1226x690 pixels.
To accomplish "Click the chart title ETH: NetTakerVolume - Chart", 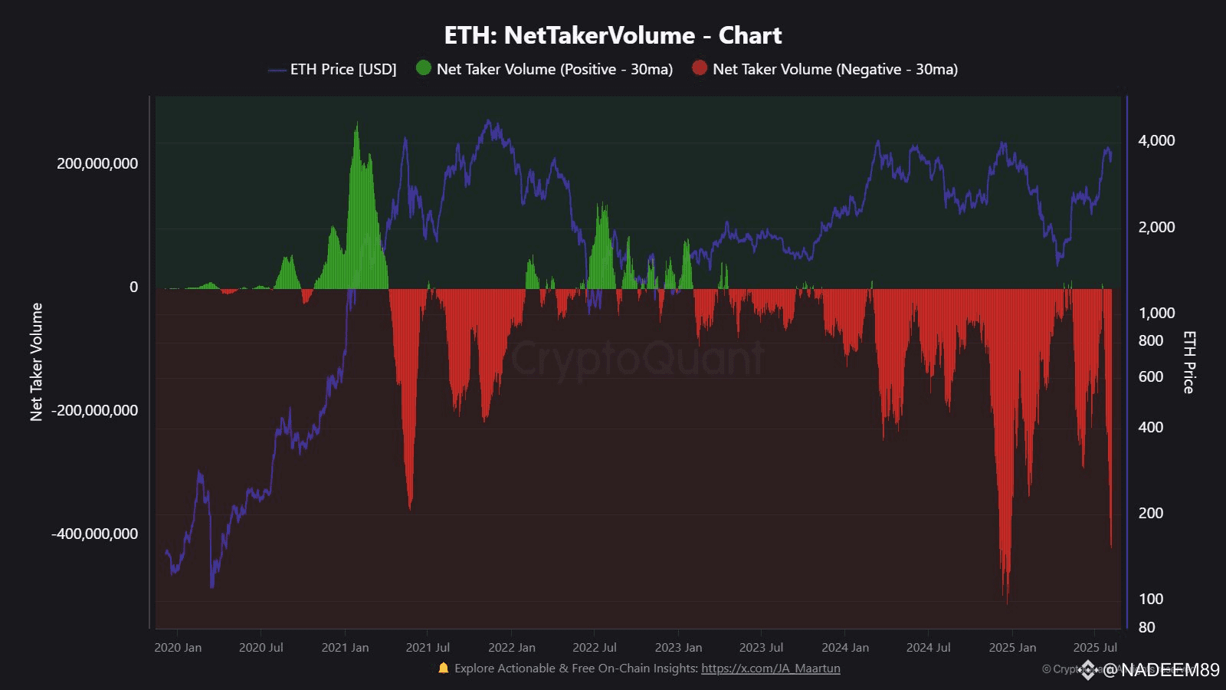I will coord(613,35).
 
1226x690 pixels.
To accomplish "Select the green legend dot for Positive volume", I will coord(424,67).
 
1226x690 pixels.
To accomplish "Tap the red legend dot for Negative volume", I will coord(700,67).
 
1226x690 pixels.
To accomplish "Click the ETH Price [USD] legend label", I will coord(343,69).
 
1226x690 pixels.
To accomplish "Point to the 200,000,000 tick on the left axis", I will coord(97,163).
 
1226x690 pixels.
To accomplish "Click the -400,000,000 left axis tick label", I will coord(95,534).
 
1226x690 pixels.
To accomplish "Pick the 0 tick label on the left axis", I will coord(134,287).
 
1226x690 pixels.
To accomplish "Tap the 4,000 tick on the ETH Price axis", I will coord(1156,140).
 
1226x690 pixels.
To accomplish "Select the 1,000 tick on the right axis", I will coord(1156,313).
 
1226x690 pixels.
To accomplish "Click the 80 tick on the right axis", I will coord(1146,627).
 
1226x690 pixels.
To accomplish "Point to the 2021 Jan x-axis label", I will coord(345,648).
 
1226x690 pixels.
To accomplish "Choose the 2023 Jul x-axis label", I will coord(761,648).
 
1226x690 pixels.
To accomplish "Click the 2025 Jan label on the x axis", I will coord(1012,648).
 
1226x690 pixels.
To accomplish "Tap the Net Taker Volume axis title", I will coord(36,362).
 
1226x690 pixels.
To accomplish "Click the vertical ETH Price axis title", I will coord(1188,362).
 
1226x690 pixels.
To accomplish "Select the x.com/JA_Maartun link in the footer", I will coord(770,669).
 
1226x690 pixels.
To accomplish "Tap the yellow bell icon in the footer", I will coord(443,668).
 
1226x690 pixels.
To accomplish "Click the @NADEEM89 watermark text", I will coord(1160,670).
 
